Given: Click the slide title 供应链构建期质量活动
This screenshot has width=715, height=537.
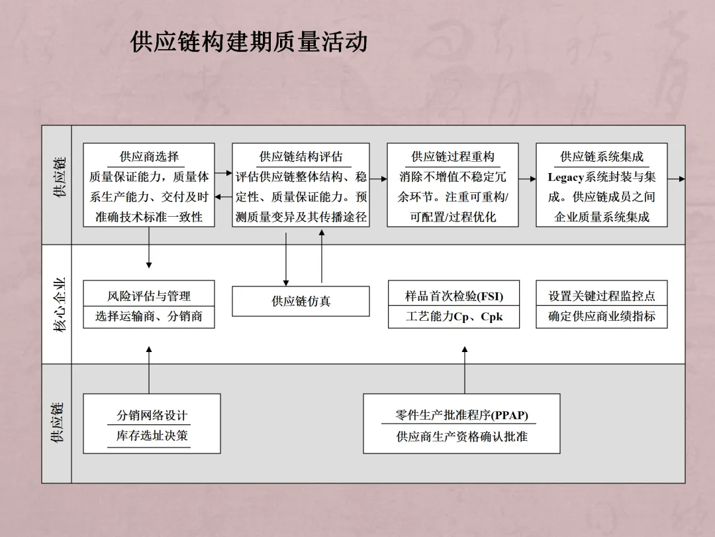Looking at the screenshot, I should point(248,42).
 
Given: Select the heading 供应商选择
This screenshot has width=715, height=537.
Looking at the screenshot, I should point(149,157).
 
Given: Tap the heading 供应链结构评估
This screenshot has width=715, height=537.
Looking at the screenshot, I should point(301,157).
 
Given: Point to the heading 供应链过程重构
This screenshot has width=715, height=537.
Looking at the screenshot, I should point(453,157).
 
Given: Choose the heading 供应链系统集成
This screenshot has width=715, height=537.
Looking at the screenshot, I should point(602,157).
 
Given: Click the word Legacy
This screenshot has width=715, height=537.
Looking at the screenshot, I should point(566,178).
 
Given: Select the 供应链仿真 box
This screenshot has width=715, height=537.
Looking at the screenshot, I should point(301,302).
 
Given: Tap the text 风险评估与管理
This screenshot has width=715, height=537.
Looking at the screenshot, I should point(149,296).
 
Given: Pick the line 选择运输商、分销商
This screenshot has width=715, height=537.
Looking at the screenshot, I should point(149,317).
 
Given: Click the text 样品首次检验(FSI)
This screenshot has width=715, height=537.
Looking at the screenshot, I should point(453,296).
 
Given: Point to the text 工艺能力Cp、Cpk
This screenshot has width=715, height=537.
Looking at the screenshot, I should point(453,317).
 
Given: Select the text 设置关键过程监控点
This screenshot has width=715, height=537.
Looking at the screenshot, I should point(602,296).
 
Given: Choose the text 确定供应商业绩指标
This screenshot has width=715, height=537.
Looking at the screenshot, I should point(602,317).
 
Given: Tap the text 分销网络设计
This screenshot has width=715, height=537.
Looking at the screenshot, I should point(152,416).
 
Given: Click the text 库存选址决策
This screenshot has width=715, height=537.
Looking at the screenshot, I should point(152,436).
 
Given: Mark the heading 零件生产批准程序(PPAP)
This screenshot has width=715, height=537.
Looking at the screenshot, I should point(461,416).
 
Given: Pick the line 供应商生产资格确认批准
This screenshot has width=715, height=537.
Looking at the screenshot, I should point(461,437).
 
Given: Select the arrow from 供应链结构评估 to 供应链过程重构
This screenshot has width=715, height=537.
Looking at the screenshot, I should point(379,179).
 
